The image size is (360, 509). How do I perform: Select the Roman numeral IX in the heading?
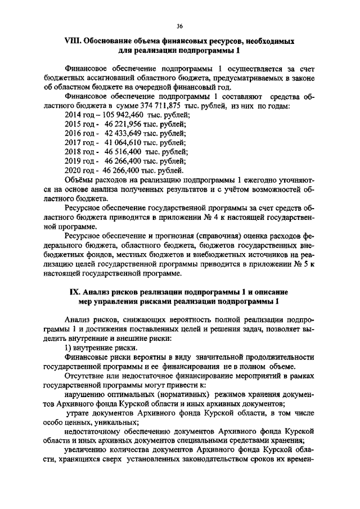(75, 292)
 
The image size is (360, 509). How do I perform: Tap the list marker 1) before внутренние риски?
(69, 348)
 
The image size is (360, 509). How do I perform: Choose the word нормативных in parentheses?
(168, 394)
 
